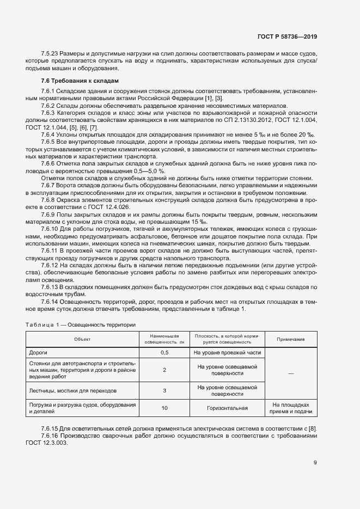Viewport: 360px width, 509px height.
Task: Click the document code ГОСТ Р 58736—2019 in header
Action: [287, 36]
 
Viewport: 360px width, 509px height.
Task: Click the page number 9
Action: [315, 463]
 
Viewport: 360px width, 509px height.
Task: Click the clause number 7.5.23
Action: [51, 53]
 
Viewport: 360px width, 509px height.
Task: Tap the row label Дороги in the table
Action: [38, 352]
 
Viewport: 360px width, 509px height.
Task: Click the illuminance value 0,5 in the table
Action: [164, 352]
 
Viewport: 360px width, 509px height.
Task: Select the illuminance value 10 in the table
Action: [164, 407]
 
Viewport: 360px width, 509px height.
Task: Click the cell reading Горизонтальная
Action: [227, 407]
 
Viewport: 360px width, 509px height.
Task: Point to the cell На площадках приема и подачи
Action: [291, 408]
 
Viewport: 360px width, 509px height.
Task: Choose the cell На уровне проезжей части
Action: [227, 352]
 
